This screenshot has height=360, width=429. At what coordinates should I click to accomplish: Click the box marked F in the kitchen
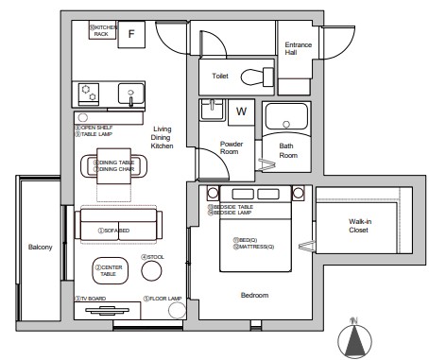pyautogui.click(x=132, y=34)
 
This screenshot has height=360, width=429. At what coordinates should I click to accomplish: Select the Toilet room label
pyautogui.click(x=220, y=75)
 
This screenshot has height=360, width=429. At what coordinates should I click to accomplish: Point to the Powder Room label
pyautogui.click(x=232, y=149)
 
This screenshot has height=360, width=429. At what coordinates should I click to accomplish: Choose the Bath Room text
pyautogui.click(x=287, y=151)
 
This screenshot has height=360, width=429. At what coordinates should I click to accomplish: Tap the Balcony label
pyautogui.click(x=39, y=248)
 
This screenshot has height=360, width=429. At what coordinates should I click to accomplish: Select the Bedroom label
pyautogui.click(x=255, y=296)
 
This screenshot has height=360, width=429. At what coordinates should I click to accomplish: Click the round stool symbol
pyautogui.click(x=151, y=271)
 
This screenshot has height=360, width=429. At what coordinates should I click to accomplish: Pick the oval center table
pyautogui.click(x=110, y=272)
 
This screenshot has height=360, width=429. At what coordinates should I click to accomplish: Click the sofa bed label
pyautogui.click(x=117, y=230)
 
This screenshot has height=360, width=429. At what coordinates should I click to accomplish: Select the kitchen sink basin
pyautogui.click(x=129, y=95)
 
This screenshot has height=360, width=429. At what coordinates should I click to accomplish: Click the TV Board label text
pyautogui.click(x=94, y=299)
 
